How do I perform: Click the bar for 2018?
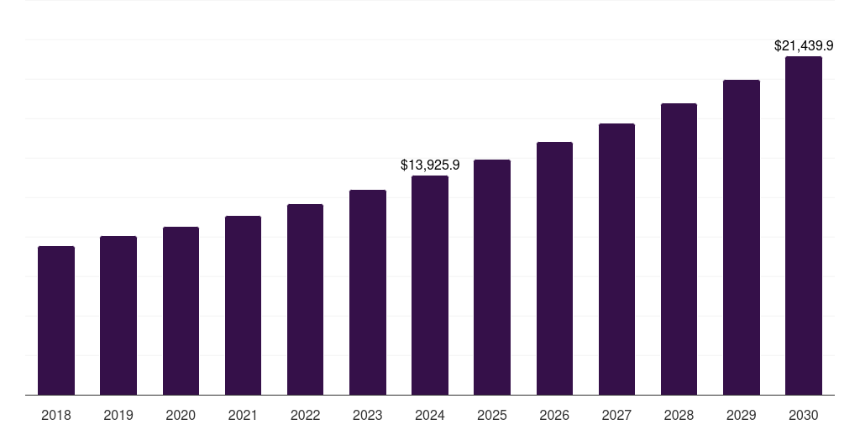[56, 321]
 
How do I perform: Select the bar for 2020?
[181, 311]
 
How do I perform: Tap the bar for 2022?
[305, 300]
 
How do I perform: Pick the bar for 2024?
[430, 286]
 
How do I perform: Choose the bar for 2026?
[554, 269]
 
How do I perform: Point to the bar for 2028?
[679, 249]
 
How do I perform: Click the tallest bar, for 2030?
[803, 226]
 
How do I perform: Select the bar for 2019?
[118, 316]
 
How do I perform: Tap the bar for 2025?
[492, 277]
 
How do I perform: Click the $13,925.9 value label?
[430, 165]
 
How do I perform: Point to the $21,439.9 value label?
[803, 46]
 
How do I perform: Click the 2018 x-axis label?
[56, 415]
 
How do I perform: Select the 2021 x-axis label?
[243, 415]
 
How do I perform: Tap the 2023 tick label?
[367, 415]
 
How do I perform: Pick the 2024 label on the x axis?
[430, 415]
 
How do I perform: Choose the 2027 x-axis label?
[616, 415]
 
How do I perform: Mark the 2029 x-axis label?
[741, 415]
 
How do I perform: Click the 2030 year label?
[803, 415]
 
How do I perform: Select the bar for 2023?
[367, 292]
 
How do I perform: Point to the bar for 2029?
[741, 238]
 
